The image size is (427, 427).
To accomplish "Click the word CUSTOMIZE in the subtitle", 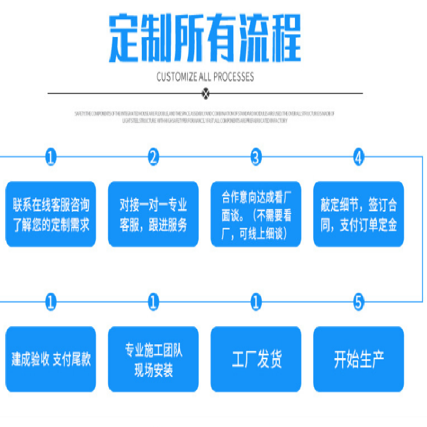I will pyautogui.click(x=179, y=77).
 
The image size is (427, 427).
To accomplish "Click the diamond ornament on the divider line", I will pyautogui.click(x=206, y=93).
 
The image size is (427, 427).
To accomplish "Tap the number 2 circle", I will pyautogui.click(x=153, y=157).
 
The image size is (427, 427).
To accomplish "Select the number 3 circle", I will pyautogui.click(x=256, y=157).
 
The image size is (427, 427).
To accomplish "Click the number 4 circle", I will pyautogui.click(x=358, y=157).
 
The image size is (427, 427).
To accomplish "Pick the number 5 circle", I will pyautogui.click(x=358, y=302).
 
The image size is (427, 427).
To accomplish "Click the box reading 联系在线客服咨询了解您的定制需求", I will pyautogui.click(x=51, y=214).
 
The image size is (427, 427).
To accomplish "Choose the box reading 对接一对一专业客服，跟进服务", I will pyautogui.click(x=153, y=214).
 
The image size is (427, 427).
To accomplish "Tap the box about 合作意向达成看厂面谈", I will pyautogui.click(x=256, y=214).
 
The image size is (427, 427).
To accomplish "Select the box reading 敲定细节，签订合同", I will pyautogui.click(x=358, y=214).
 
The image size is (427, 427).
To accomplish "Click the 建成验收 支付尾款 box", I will pyautogui.click(x=51, y=359).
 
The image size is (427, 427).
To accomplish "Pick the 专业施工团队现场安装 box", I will pyautogui.click(x=153, y=359).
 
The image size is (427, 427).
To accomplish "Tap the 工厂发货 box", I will pyautogui.click(x=256, y=359).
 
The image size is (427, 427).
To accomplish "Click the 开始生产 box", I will pyautogui.click(x=358, y=359).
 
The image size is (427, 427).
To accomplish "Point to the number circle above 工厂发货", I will pyautogui.click(x=256, y=302).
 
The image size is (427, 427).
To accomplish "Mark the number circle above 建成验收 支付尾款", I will pyautogui.click(x=51, y=302).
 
